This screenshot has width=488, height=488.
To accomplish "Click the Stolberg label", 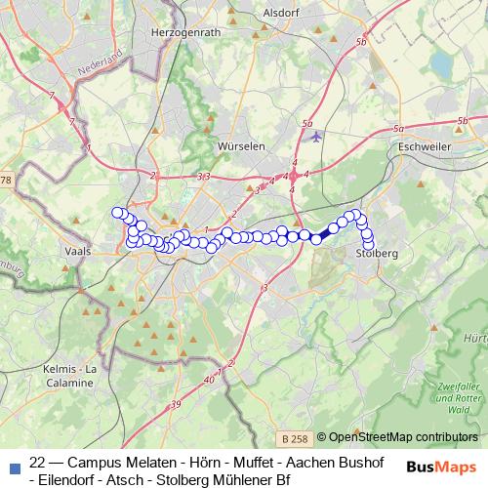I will (x=378, y=253).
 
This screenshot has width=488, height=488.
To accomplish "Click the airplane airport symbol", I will (x=314, y=137).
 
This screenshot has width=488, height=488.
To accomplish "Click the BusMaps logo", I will (x=441, y=466).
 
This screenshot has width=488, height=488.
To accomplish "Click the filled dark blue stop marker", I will (x=316, y=238).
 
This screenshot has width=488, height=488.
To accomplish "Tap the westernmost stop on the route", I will (x=117, y=213).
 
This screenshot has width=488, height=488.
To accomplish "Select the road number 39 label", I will (x=176, y=404).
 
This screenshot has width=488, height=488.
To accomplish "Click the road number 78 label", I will (x=6, y=181).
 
